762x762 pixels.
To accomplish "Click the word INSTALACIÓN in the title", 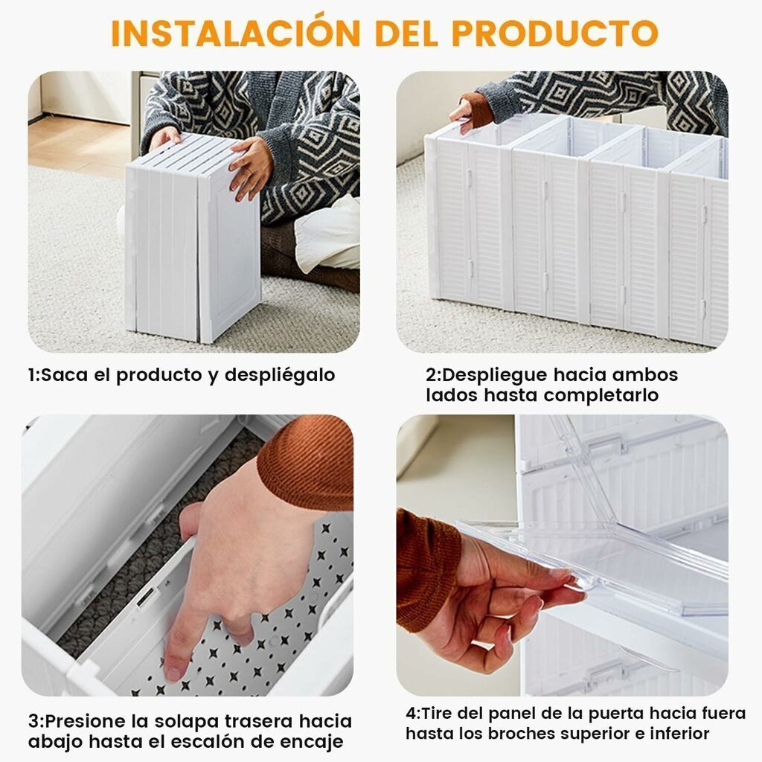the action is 236,33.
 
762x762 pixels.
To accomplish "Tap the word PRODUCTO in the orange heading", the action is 554,33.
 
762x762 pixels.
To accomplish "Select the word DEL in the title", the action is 406,33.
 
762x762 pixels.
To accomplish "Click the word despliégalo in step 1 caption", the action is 280,376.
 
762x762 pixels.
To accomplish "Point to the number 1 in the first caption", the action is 31,375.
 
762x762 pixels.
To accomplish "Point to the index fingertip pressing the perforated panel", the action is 173,673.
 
